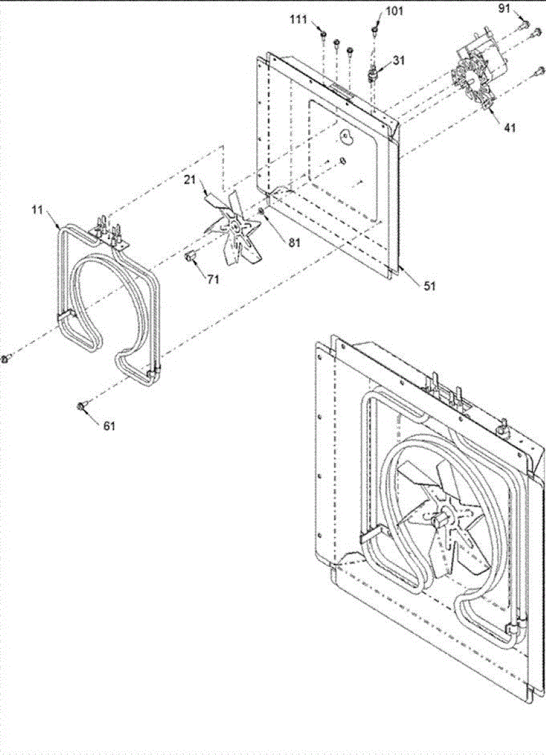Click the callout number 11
pos(38,210)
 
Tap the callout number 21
pos(190,181)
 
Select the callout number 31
pos(399,61)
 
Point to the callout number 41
pos(510,128)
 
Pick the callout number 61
pos(109,425)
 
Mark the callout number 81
pos(277,241)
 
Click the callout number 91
pos(504,8)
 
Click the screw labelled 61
pos(82,406)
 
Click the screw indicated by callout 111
pos(322,35)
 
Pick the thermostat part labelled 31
pos(374,74)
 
